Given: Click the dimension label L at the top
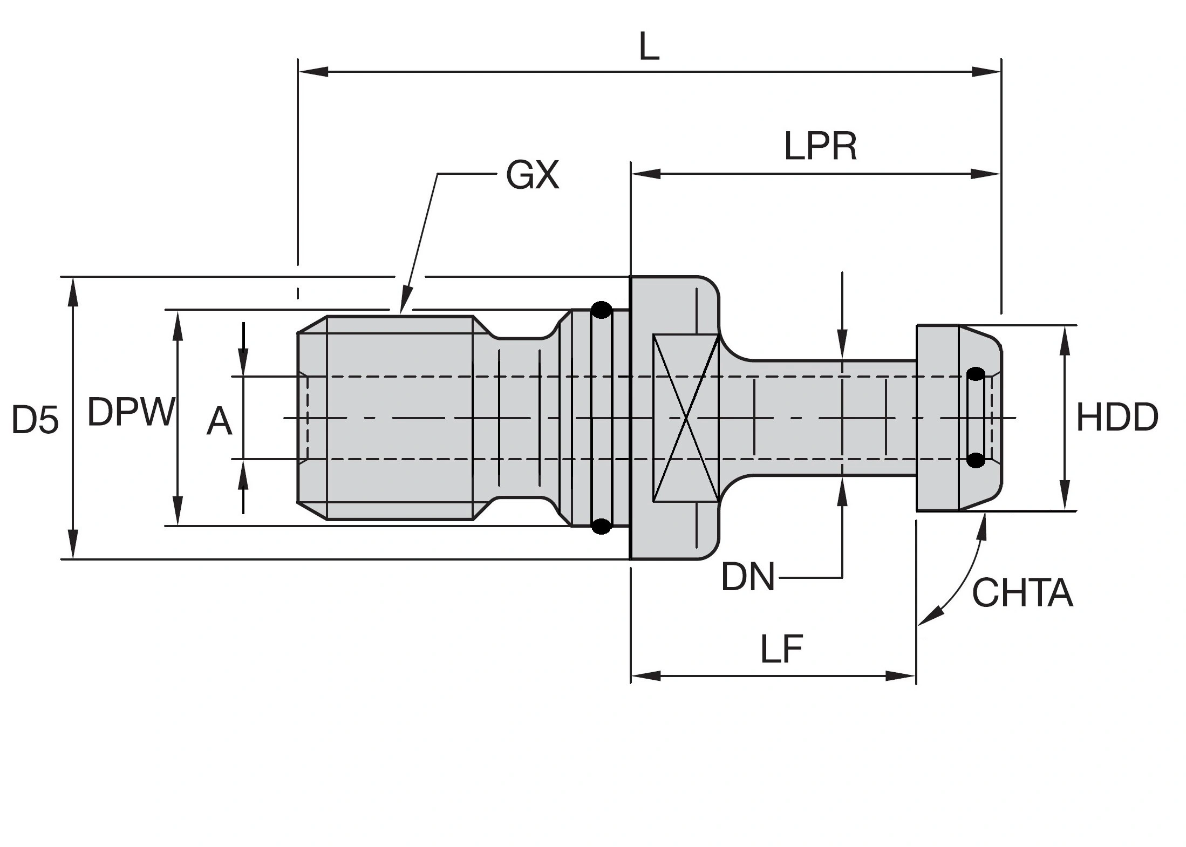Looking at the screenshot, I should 649,49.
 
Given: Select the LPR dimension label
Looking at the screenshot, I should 820,146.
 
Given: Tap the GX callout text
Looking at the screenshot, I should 532,175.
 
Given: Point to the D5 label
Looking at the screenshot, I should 35,420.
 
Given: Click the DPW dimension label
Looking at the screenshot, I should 131,412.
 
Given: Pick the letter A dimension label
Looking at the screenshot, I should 219,421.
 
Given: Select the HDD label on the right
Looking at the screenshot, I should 1117,418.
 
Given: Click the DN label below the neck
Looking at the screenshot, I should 748,577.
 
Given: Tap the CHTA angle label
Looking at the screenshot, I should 1022,593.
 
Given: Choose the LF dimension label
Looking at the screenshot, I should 782,649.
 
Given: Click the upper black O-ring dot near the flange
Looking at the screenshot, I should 601,310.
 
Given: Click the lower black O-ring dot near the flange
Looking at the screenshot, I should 601,525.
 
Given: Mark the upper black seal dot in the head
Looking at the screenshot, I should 975,374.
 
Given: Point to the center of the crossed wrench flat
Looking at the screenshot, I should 686,418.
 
